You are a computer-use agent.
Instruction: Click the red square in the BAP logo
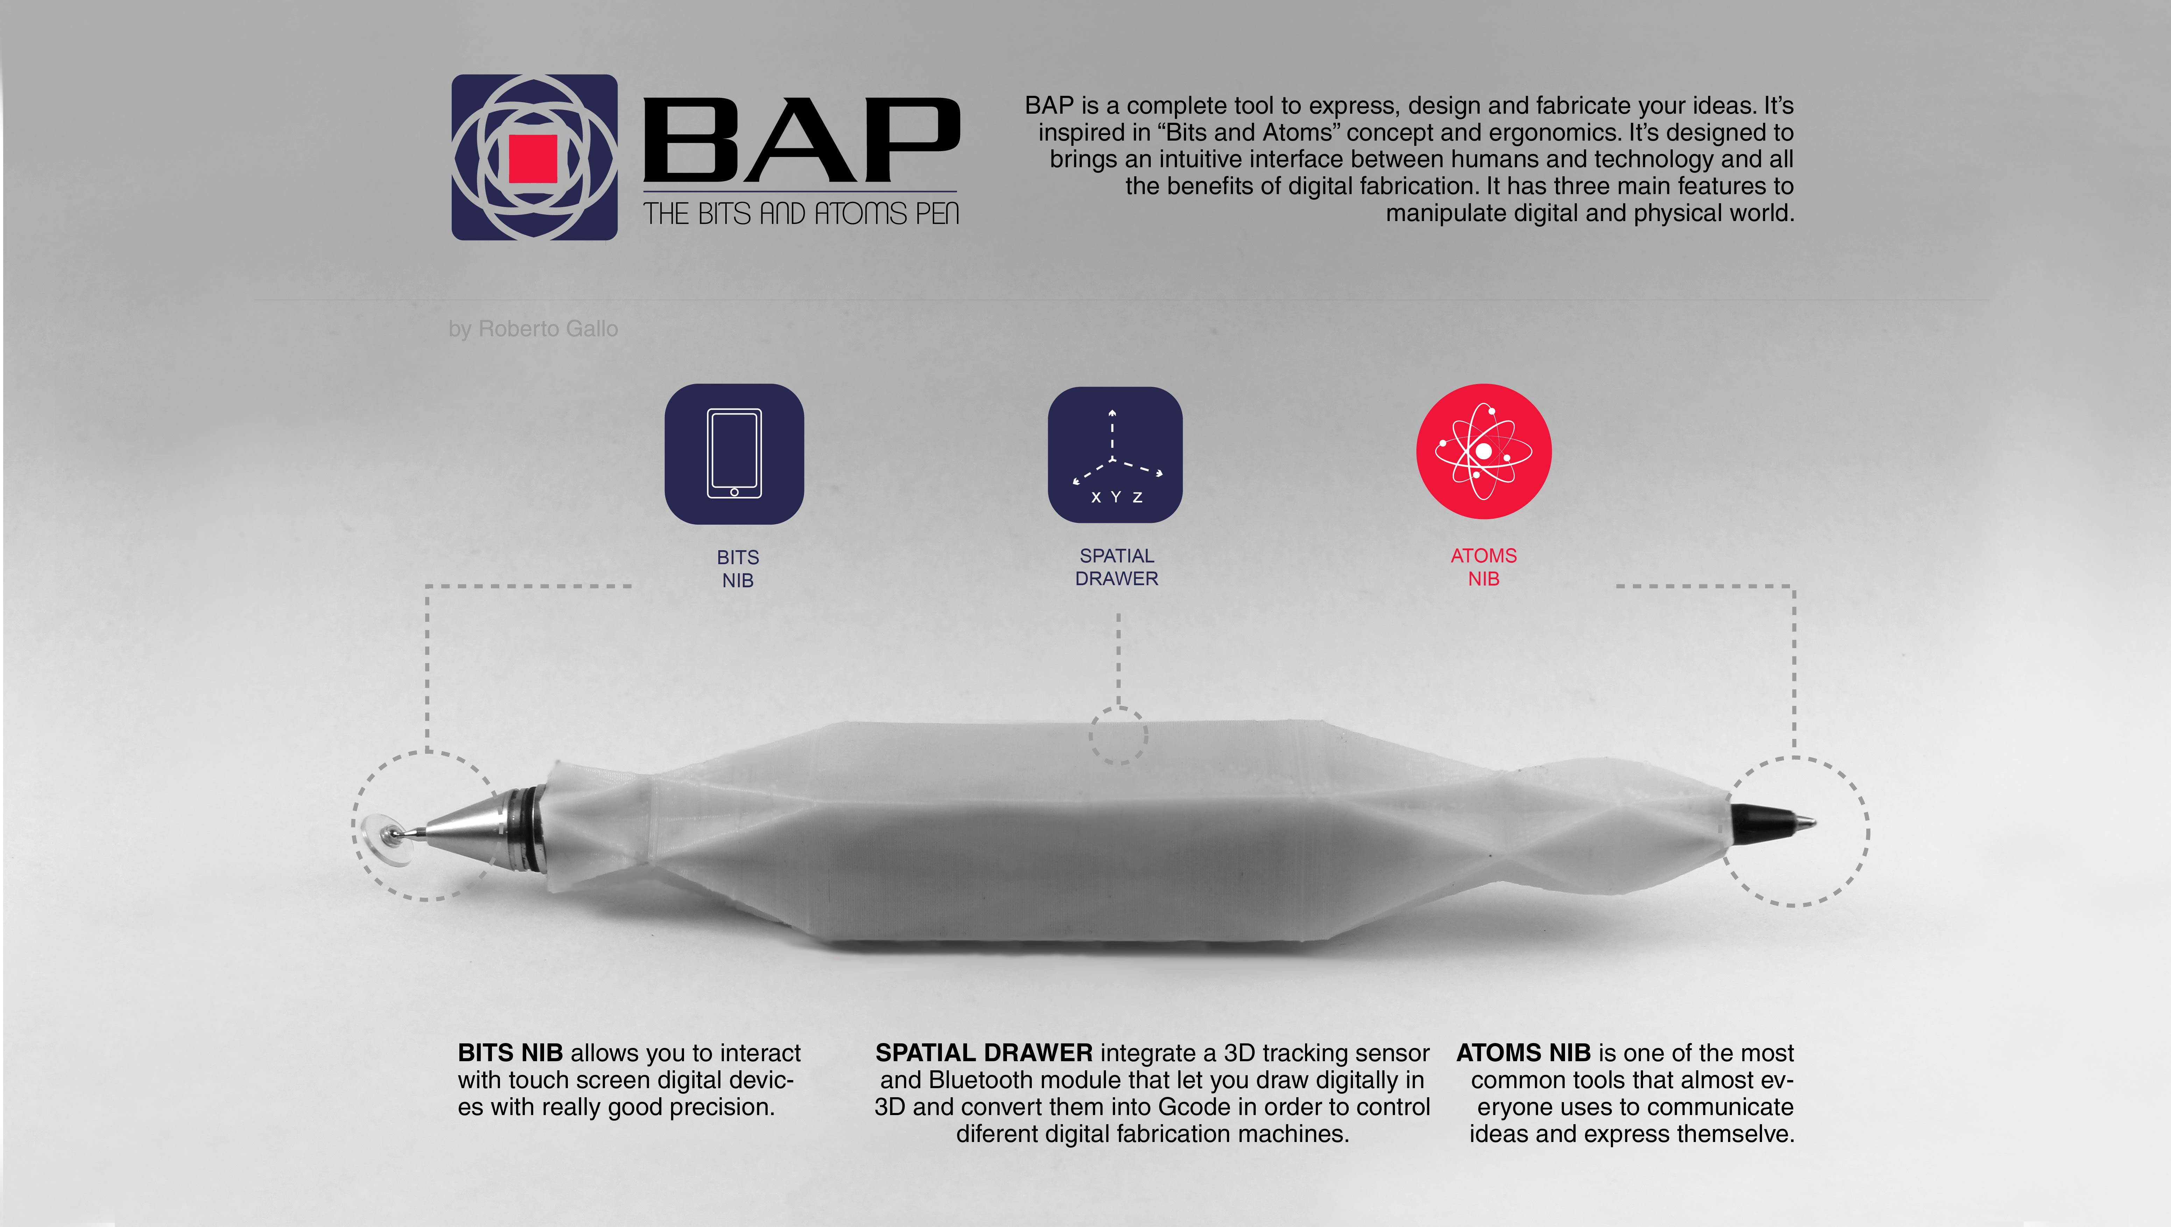pos(534,158)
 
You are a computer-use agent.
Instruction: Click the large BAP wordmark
pos(802,140)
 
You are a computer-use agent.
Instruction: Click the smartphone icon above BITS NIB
pos(734,453)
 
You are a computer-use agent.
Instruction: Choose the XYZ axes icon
pos(1115,455)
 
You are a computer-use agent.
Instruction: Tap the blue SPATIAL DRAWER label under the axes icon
pos(1117,567)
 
